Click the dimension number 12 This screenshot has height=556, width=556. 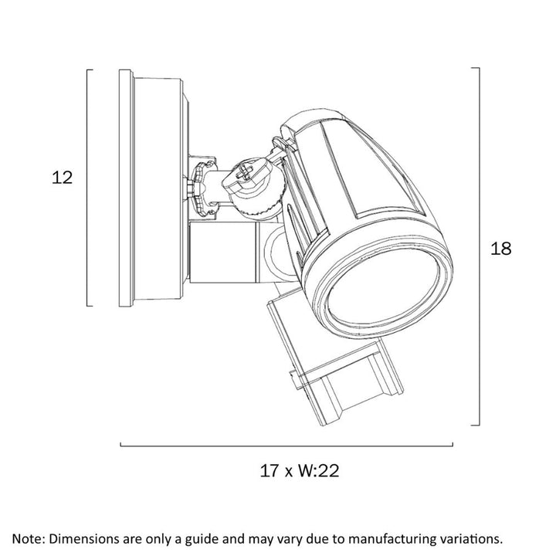pyautogui.click(x=62, y=178)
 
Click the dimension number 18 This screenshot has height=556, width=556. pyautogui.click(x=500, y=249)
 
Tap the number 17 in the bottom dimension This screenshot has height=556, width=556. pyautogui.click(x=270, y=470)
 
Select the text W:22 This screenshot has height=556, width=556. pyautogui.click(x=318, y=470)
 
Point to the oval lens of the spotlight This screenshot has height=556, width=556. pyautogui.click(x=383, y=287)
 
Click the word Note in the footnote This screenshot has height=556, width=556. pyautogui.click(x=27, y=539)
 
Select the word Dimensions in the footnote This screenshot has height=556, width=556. pyautogui.click(x=83, y=539)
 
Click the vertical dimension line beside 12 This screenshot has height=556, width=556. pyautogui.click(x=87, y=188)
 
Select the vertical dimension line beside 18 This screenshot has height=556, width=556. pyautogui.click(x=480, y=246)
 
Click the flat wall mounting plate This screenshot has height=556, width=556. pyautogui.click(x=126, y=188)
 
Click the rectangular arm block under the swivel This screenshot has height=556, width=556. pyautogui.click(x=222, y=253)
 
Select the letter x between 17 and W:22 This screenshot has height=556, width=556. pyautogui.click(x=289, y=473)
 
